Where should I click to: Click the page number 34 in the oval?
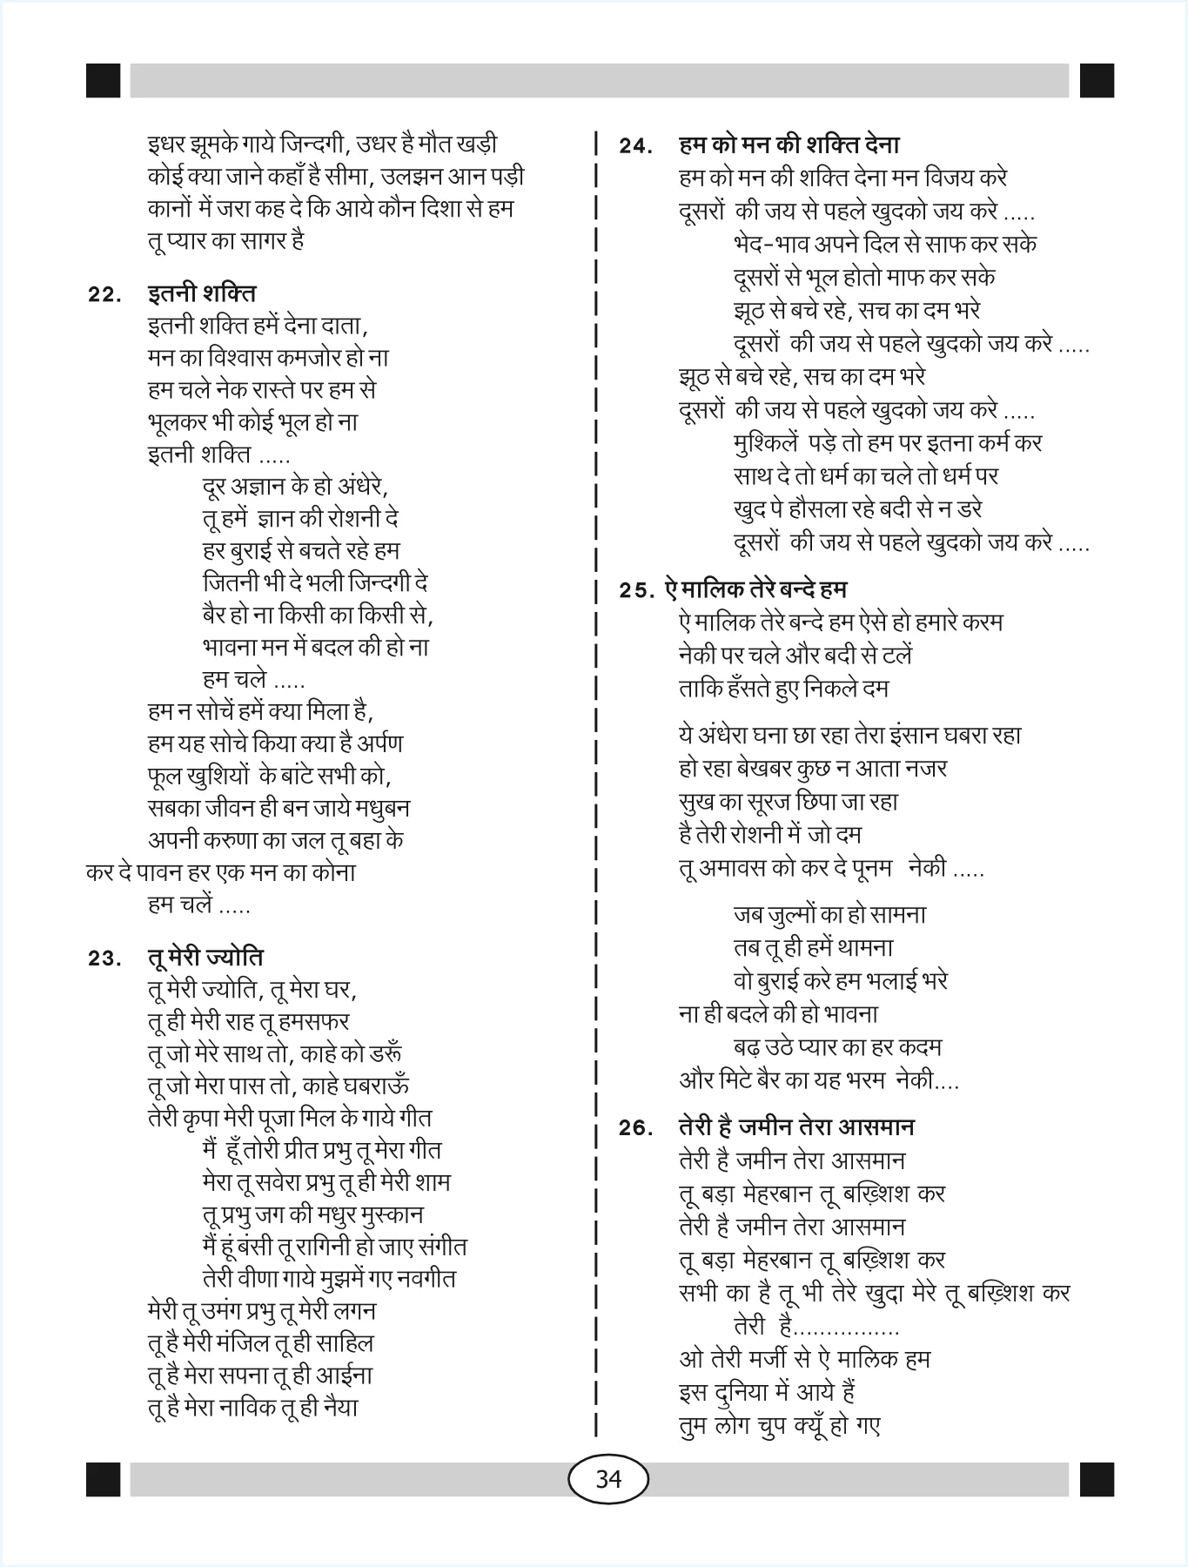click(608, 1478)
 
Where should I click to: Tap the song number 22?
click(104, 295)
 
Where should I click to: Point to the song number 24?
click(636, 146)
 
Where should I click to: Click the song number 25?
click(636, 590)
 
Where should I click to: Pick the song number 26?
click(636, 1128)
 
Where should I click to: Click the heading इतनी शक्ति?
click(201, 293)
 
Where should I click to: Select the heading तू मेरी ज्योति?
click(205, 957)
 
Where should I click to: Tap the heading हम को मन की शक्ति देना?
click(789, 145)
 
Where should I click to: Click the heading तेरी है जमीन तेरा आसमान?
click(795, 1126)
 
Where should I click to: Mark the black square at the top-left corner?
click(104, 80)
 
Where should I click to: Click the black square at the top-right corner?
click(1097, 80)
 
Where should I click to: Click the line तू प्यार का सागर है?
click(225, 240)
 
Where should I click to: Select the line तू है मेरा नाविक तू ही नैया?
click(253, 1407)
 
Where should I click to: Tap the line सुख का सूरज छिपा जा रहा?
click(788, 801)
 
